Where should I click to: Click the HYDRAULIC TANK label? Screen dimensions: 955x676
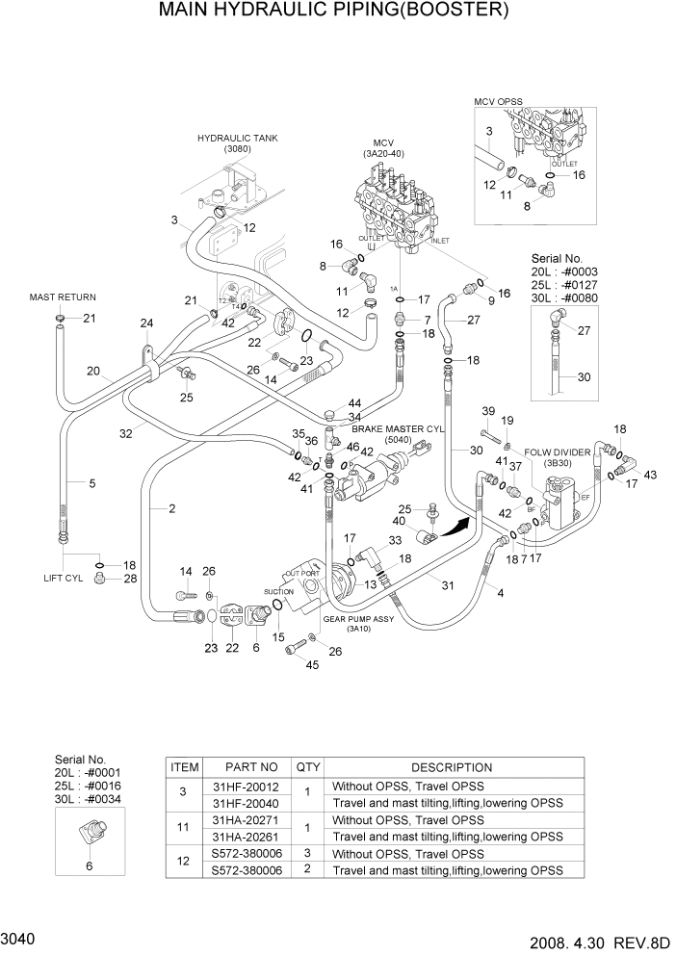237,139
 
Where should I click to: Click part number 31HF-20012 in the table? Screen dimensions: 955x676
251,786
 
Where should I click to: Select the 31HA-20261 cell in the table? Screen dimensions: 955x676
251,837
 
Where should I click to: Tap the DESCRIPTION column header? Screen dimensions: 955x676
452,767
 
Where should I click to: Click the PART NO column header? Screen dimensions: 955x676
251,767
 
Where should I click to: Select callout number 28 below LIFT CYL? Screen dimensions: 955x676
130,578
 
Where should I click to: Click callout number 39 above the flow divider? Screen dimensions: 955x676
487,411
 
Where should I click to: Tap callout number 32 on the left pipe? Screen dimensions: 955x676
125,434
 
